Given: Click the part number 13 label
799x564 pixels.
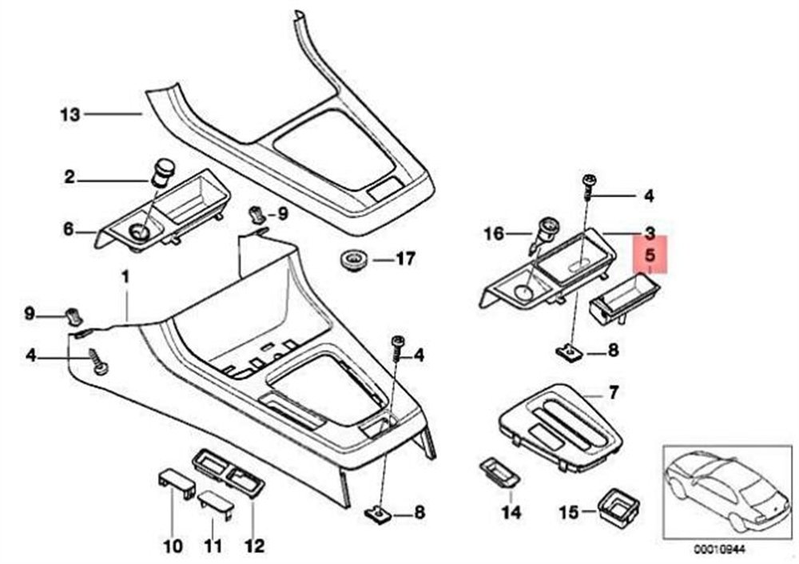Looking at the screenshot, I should pos(70,115).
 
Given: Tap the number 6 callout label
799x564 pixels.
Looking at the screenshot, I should pos(70,230).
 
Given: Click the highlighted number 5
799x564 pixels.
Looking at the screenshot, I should pos(650,256).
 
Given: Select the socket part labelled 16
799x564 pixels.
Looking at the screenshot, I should pos(546,232).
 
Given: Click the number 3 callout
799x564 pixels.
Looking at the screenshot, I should pos(650,233).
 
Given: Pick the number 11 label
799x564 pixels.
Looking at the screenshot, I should pos(211,547).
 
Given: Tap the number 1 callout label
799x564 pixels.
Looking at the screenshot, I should pos(125,277).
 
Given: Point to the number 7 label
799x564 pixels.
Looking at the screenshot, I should pos(613,392).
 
